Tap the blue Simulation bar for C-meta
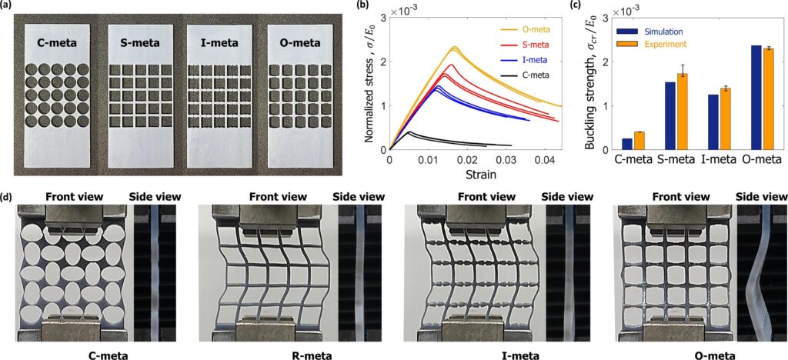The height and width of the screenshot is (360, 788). pyautogui.click(x=627, y=144)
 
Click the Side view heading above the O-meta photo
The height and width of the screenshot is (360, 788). pyautogui.click(x=760, y=197)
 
